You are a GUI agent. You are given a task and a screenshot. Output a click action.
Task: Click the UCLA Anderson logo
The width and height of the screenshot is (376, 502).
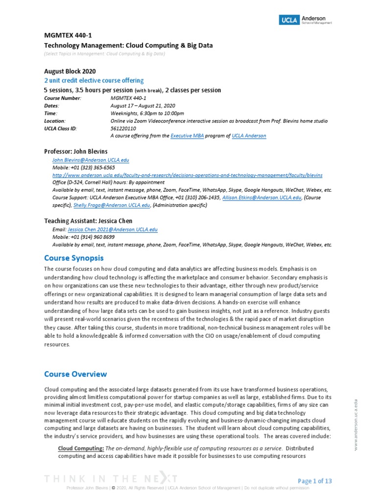[x=305, y=20]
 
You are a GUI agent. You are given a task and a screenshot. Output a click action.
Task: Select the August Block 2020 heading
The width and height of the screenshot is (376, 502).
[x=70, y=71]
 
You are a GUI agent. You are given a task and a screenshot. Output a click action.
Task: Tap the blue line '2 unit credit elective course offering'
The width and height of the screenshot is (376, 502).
[x=94, y=80]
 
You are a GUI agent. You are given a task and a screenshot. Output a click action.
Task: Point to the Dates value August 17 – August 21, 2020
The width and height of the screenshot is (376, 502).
[x=143, y=105]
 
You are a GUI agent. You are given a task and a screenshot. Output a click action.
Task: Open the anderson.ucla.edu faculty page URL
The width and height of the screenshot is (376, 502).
[x=187, y=175]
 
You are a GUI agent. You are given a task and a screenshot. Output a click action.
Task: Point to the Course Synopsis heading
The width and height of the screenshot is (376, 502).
[x=74, y=257]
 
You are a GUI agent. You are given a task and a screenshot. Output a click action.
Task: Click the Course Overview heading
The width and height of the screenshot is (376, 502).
[x=75, y=374]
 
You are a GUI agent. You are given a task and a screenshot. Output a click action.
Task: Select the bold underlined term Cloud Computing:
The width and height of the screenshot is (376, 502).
[x=80, y=448]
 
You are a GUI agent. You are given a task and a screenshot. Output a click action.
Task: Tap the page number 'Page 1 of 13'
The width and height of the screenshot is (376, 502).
[x=315, y=481]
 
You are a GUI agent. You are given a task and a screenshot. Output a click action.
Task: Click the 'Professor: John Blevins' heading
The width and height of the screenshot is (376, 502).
[x=76, y=151]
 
